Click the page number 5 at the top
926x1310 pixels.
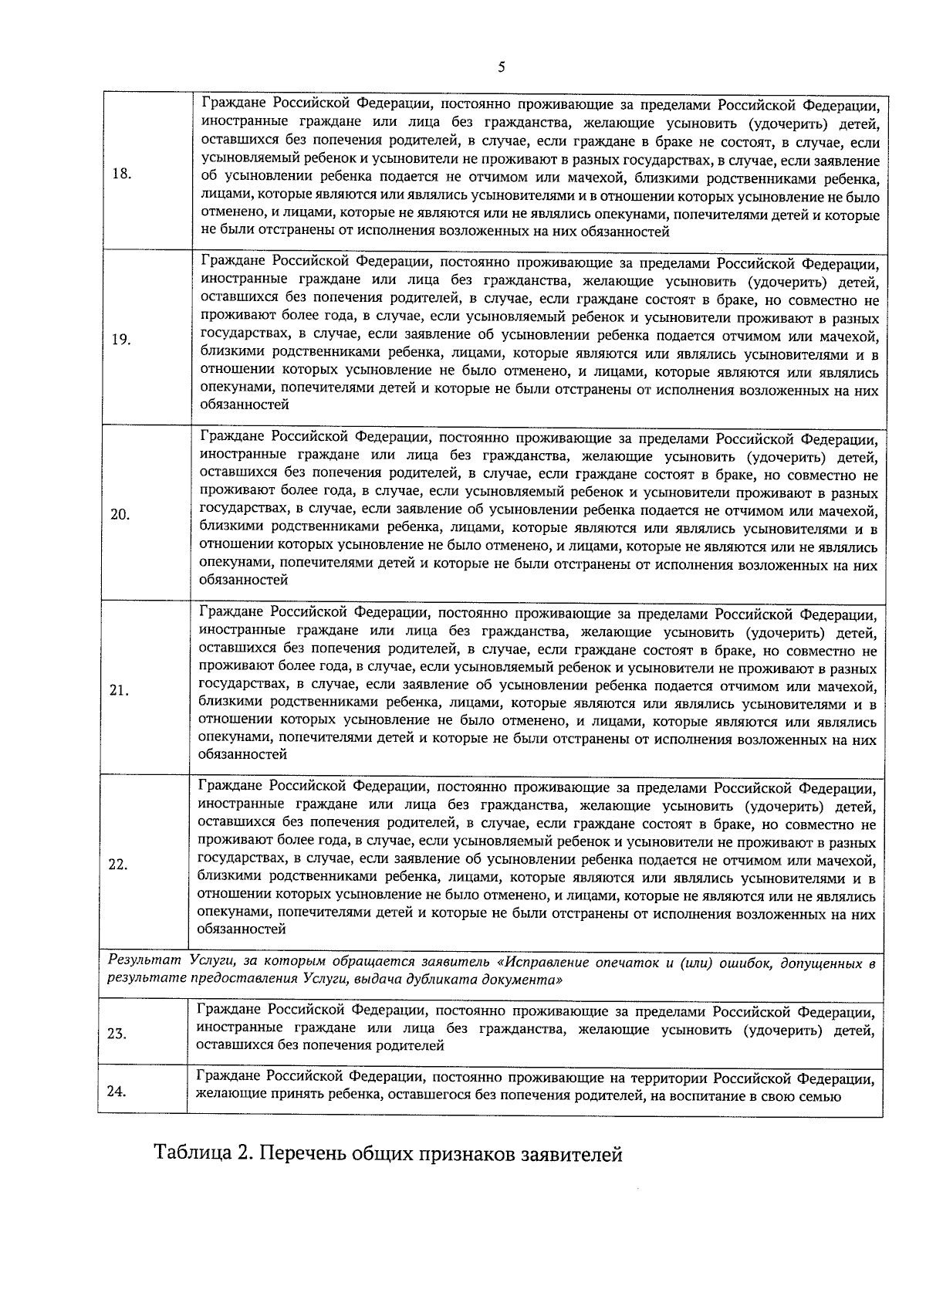pos(502,67)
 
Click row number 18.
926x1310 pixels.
pos(121,173)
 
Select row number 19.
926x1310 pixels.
pos(120,340)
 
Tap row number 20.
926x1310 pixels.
pos(120,515)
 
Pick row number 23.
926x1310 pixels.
pos(117,1034)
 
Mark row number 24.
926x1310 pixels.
pos(117,1091)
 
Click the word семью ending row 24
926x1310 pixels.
pos(823,1096)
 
